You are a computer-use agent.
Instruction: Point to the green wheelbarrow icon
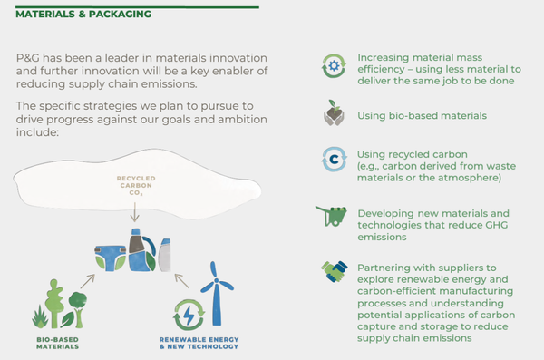tap(332, 217)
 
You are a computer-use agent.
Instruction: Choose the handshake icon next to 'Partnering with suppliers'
tap(334, 271)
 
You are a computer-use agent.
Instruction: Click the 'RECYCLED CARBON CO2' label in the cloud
tap(134, 186)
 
